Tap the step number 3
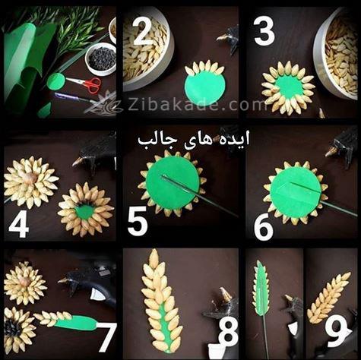coord(262,33)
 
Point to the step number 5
coord(138,223)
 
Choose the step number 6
coord(263,226)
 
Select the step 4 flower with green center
coord(85,209)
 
